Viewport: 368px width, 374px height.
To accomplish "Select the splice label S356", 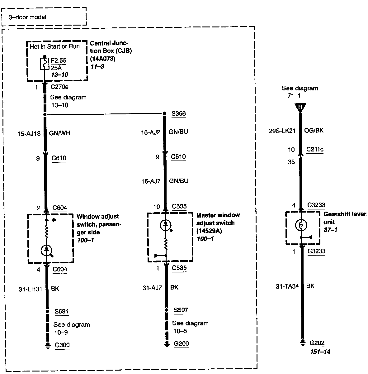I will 179,113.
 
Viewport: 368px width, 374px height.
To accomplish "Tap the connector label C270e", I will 59,87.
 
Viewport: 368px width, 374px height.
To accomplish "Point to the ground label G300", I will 62,345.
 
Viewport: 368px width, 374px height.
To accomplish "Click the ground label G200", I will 181,344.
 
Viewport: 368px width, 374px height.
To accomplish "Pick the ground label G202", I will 317,343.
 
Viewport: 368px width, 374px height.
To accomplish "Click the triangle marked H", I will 300,108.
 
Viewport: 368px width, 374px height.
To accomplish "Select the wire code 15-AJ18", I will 29,133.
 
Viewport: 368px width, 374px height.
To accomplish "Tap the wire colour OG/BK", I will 314,130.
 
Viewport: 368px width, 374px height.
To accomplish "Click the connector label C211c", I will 315,150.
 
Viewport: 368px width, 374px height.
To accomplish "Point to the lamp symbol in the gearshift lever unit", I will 301,225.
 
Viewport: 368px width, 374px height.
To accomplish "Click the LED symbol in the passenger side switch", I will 47,249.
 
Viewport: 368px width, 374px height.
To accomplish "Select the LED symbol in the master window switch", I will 166,225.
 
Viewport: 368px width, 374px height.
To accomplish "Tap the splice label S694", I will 62,311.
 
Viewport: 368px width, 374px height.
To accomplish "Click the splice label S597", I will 181,310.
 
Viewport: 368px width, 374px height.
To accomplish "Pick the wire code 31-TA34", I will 287,286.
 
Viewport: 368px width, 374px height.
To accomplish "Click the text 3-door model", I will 27,17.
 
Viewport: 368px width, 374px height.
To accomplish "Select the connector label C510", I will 178,156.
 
